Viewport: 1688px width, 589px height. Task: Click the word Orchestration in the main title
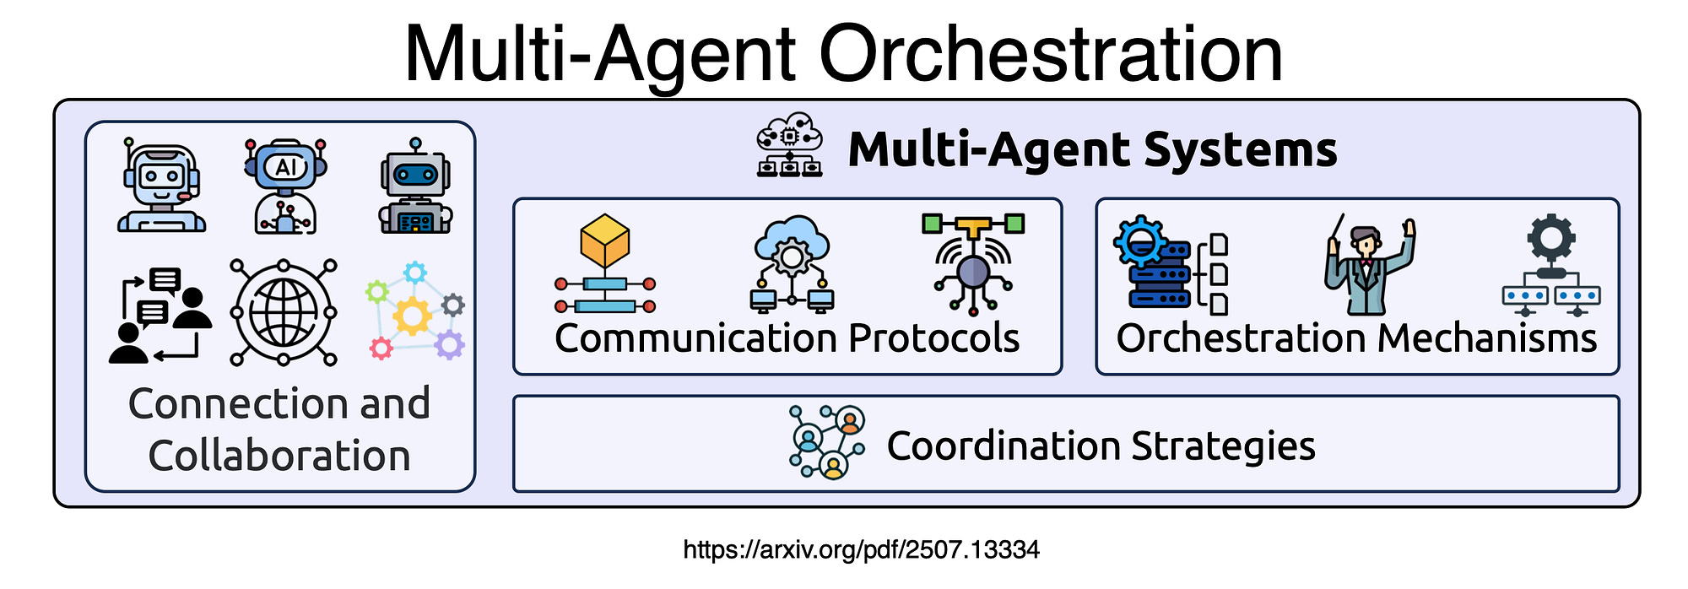click(x=1050, y=53)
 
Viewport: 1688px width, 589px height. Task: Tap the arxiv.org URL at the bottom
click(x=861, y=550)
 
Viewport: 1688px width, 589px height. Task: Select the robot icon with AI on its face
click(x=285, y=186)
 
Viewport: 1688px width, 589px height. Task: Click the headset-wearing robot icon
click(x=161, y=185)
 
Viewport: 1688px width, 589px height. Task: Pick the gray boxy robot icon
click(x=414, y=186)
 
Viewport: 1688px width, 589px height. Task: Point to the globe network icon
click(x=284, y=312)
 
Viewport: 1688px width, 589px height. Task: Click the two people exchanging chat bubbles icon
click(x=160, y=316)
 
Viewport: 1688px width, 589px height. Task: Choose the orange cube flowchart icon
click(x=604, y=263)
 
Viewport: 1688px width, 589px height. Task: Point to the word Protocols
click(x=933, y=338)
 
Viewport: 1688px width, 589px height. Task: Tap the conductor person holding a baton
click(x=1369, y=264)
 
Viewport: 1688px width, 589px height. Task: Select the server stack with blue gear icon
click(x=1171, y=264)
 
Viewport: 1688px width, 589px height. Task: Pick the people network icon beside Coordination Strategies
click(x=827, y=442)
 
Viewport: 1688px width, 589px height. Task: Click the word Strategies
click(x=1223, y=446)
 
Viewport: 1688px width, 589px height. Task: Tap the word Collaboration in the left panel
click(x=279, y=456)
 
